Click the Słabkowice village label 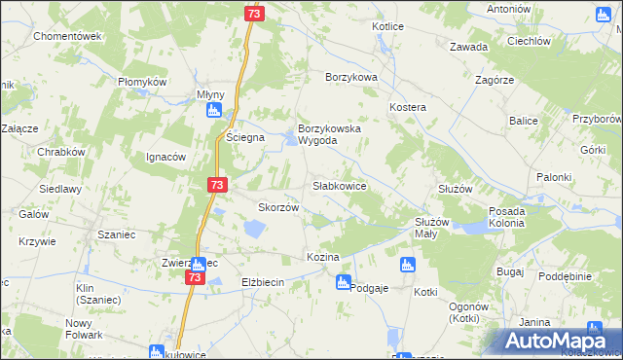pyautogui.click(x=339, y=185)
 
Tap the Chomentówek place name pyautogui.click(x=68, y=36)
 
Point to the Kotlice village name pyautogui.click(x=386, y=26)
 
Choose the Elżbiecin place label pyautogui.click(x=262, y=282)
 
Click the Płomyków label pyautogui.click(x=144, y=82)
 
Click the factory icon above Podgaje pyautogui.click(x=343, y=282)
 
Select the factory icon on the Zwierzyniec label pyautogui.click(x=198, y=264)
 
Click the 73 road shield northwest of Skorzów pyautogui.click(x=216, y=185)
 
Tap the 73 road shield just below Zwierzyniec pyautogui.click(x=195, y=278)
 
